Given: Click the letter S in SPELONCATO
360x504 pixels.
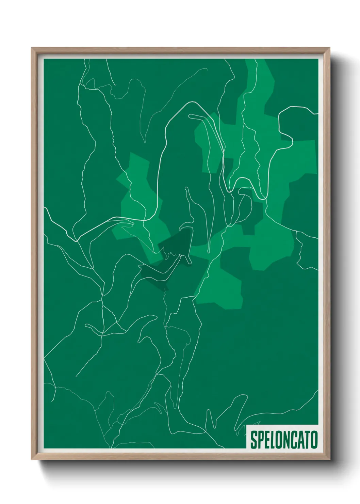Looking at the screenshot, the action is (x=254, y=440).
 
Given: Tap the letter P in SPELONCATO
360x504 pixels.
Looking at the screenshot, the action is (x=260, y=440).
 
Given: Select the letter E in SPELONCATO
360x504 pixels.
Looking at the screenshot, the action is (x=266, y=440).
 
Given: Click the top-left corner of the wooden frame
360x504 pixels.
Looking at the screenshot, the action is (x=32, y=48).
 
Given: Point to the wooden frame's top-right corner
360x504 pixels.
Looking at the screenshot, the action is (x=329, y=48).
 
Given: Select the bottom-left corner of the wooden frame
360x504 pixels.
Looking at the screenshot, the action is (x=32, y=459).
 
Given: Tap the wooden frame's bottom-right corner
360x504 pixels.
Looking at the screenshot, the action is (x=329, y=459).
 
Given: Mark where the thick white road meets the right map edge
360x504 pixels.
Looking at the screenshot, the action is (x=317, y=114).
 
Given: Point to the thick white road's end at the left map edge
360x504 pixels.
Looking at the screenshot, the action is (x=45, y=207).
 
